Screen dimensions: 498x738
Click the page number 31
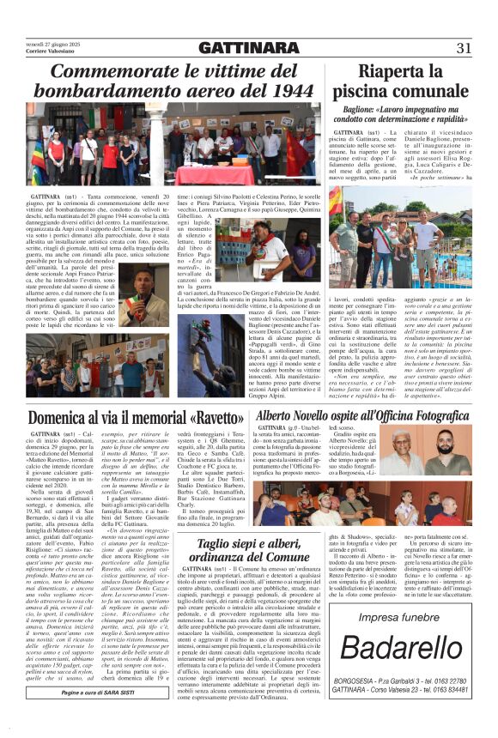click(x=464, y=47)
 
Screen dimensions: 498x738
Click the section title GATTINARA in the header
click(x=248, y=47)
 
